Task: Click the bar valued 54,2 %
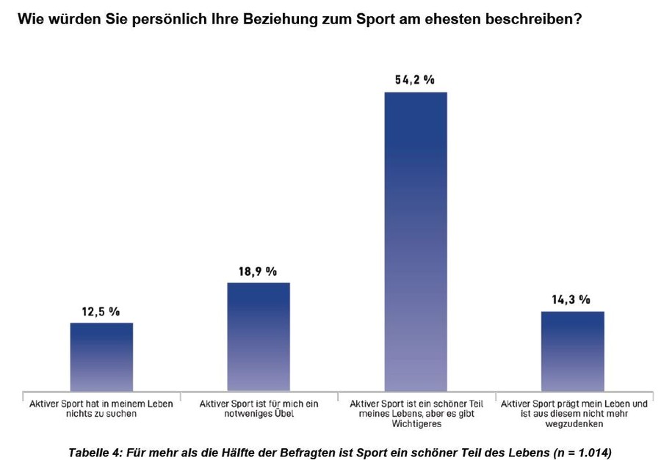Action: (416, 242)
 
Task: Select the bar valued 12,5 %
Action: (101, 357)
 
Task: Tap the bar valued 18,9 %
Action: (259, 337)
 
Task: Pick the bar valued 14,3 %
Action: (572, 351)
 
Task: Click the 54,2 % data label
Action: (415, 80)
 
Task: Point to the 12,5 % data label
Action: (101, 311)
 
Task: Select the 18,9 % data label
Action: (258, 271)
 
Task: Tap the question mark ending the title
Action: (578, 18)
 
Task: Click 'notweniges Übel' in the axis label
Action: (259, 414)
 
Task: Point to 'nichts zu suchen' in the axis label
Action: (101, 414)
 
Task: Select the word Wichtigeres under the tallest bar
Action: (416, 423)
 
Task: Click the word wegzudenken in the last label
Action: (572, 423)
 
